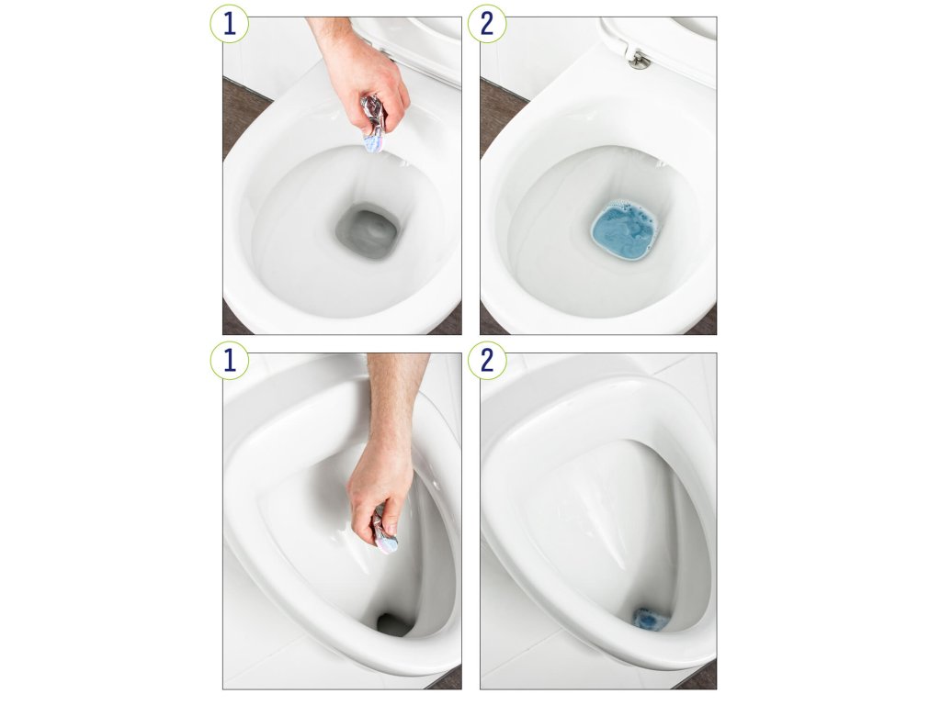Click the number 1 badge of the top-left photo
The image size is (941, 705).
(229, 24)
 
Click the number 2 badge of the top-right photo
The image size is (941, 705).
(487, 24)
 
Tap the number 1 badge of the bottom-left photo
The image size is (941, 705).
(229, 360)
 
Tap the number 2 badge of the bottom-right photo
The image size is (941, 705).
(487, 360)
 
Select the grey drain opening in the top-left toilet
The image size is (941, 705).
(368, 230)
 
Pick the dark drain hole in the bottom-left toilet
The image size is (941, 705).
(393, 624)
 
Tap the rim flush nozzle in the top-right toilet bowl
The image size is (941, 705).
(661, 162)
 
